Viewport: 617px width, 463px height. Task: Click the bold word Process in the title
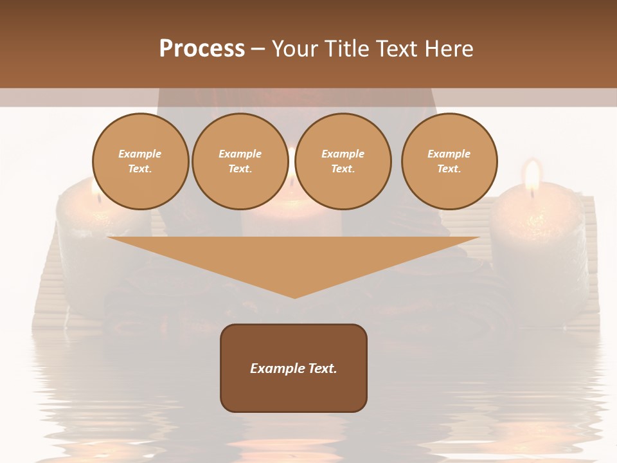click(202, 49)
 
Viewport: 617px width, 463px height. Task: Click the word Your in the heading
click(292, 49)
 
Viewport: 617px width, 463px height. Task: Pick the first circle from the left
click(140, 161)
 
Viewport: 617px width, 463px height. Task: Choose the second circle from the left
click(240, 161)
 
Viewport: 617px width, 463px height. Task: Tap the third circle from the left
click(343, 161)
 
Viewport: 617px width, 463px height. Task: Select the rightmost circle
click(449, 161)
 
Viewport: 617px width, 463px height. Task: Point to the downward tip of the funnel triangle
click(294, 297)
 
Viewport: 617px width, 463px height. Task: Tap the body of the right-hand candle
click(539, 244)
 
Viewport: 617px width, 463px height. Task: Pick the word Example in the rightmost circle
click(449, 154)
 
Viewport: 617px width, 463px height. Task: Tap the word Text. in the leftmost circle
click(140, 169)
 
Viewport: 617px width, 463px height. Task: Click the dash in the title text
click(258, 49)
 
